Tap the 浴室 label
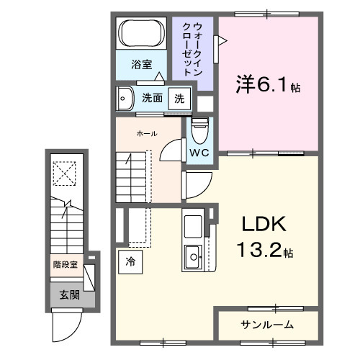point(141,65)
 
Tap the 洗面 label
point(151,98)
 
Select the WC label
point(199,153)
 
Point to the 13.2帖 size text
point(263,252)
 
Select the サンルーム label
point(266,325)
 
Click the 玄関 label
point(70,294)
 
